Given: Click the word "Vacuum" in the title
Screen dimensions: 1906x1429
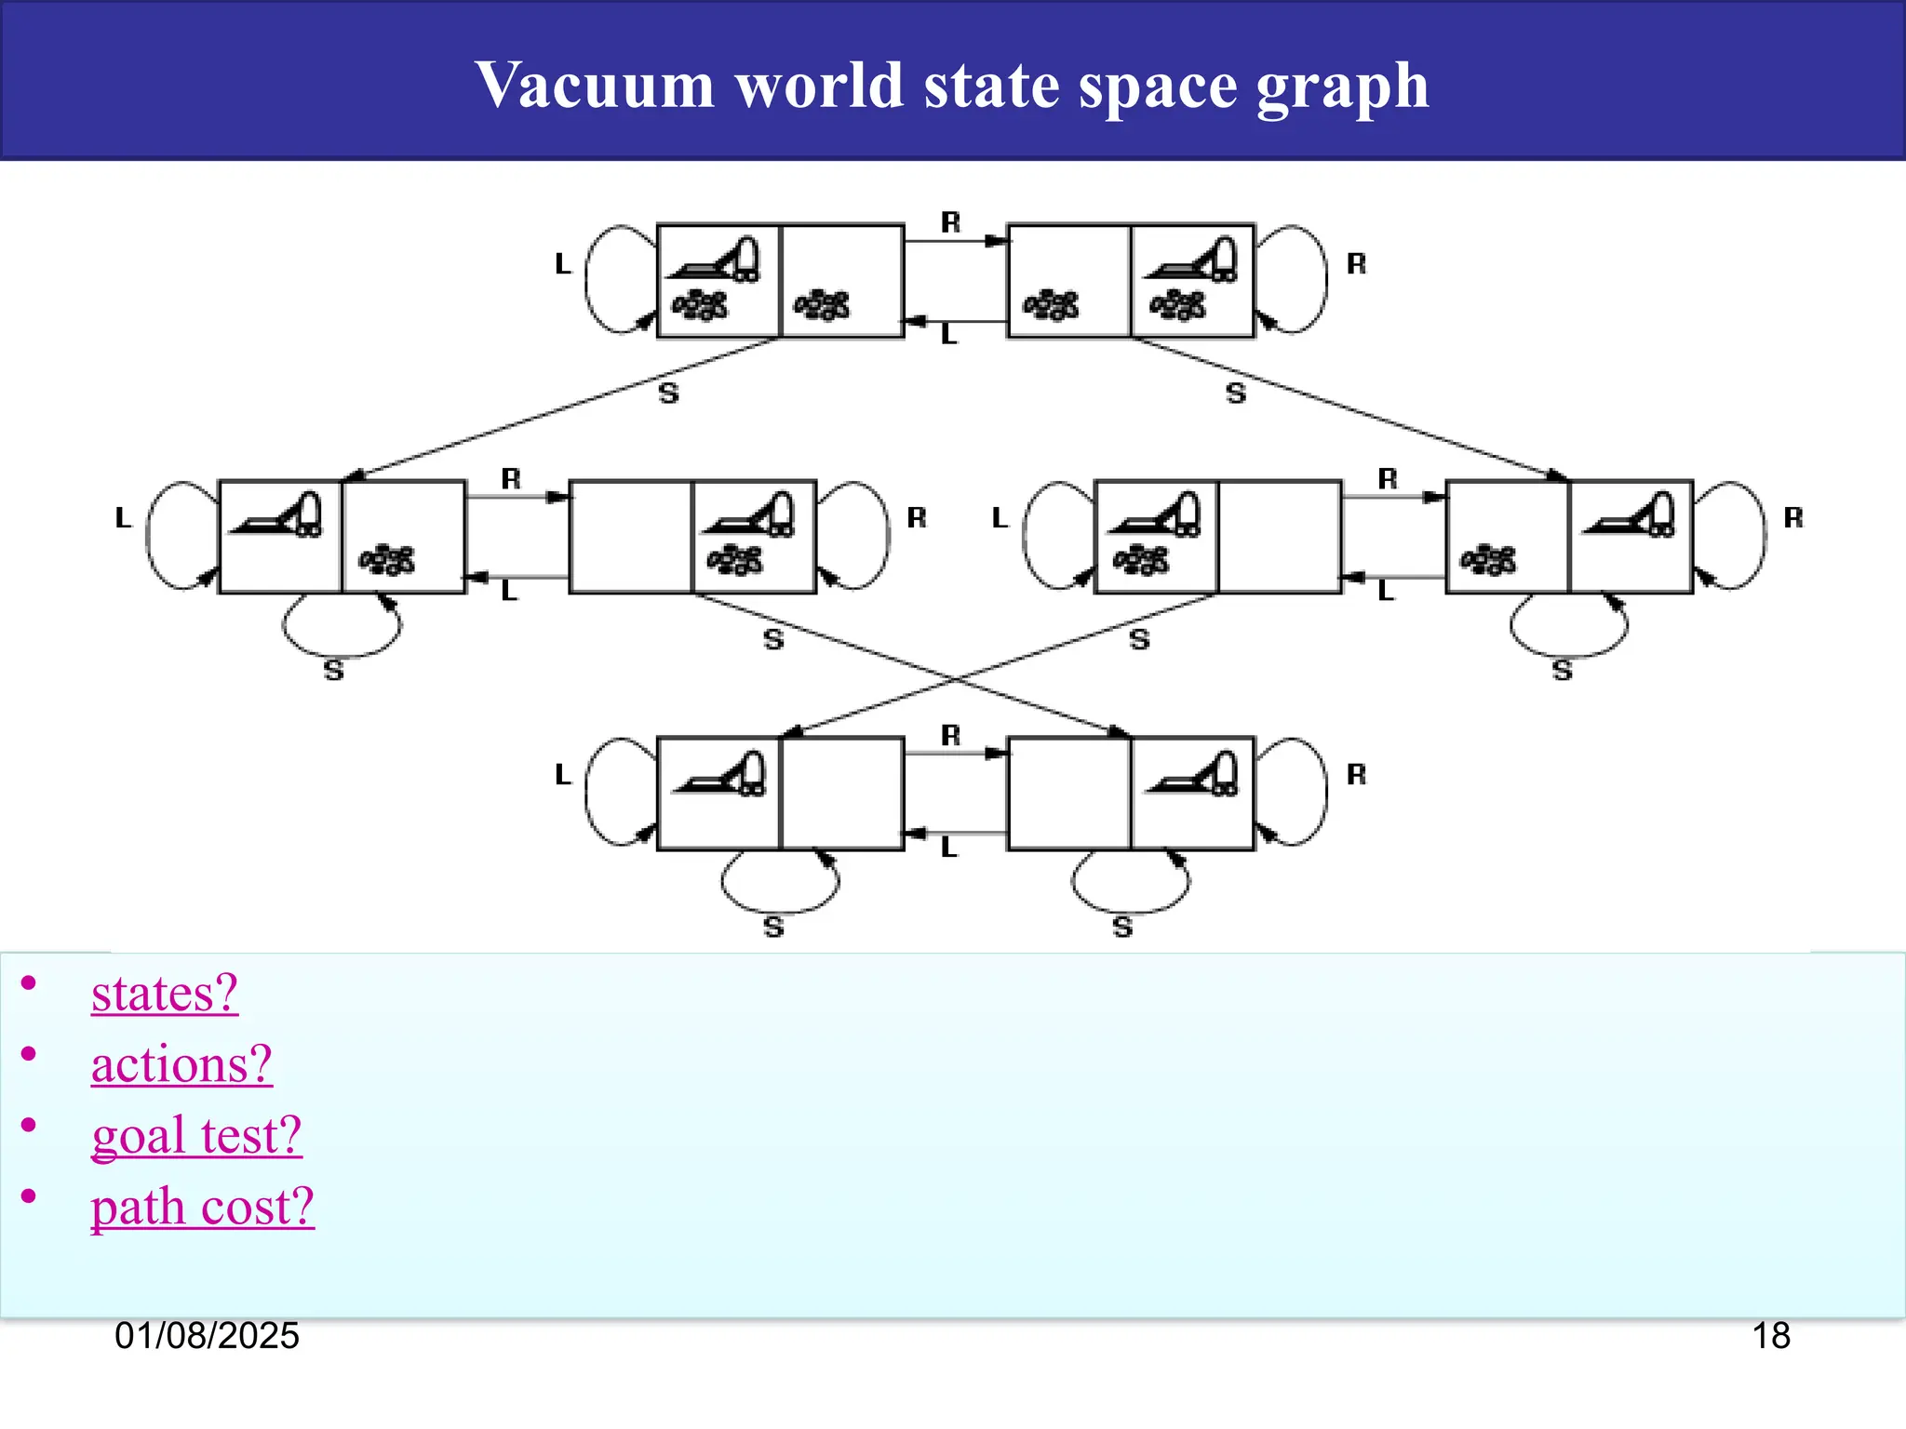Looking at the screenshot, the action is (594, 85).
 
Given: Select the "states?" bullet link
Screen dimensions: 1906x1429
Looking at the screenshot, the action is (165, 994).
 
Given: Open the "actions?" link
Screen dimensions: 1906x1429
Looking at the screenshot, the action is (181, 1064).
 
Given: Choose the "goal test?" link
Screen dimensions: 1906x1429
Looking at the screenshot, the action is (196, 1136).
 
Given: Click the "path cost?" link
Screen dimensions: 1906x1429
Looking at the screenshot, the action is (202, 1208).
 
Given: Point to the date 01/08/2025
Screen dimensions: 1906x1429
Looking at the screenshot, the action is (207, 1336).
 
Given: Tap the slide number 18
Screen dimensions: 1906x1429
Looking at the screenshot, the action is (1771, 1336).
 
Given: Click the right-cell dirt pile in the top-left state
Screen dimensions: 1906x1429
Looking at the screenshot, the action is (822, 304).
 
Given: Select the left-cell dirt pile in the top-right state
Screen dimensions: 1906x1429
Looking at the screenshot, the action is (1052, 304).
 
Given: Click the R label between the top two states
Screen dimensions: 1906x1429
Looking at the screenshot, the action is (950, 222).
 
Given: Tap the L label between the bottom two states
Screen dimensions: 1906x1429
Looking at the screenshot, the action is (948, 848).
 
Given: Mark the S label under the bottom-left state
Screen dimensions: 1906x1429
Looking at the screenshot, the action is (773, 927).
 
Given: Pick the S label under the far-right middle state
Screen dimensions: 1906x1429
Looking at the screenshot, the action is (1563, 670).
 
